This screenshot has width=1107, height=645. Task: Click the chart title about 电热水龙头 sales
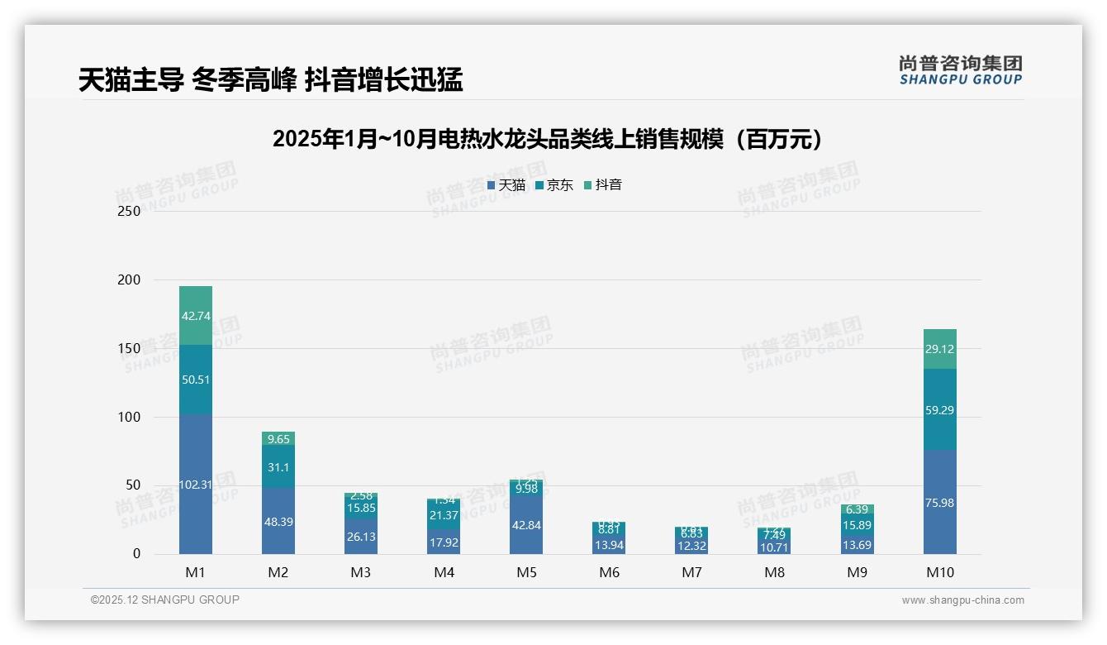[552, 139]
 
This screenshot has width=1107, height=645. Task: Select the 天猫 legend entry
[506, 185]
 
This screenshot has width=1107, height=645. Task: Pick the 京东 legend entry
[554, 185]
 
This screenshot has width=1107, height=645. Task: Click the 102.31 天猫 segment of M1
[196, 485]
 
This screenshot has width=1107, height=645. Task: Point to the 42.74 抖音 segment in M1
[196, 315]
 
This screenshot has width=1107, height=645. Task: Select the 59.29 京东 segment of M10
[939, 409]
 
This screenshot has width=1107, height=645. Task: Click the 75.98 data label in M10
[939, 503]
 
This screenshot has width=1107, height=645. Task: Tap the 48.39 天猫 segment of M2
[278, 521]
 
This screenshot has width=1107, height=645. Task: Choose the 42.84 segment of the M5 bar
[526, 524]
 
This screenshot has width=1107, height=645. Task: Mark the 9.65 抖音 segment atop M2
[278, 438]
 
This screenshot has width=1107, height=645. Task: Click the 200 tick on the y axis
[130, 280]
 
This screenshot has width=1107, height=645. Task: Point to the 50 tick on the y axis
[133, 485]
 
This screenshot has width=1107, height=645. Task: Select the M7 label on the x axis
[691, 572]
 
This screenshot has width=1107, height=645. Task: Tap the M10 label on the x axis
[939, 572]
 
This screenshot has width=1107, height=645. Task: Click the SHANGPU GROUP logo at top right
[960, 70]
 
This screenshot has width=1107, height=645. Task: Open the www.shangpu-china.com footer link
[962, 600]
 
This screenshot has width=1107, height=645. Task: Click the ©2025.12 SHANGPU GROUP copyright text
[165, 600]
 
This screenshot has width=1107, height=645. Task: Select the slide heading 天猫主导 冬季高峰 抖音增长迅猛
[270, 80]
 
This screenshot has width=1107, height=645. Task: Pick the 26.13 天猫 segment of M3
[361, 536]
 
